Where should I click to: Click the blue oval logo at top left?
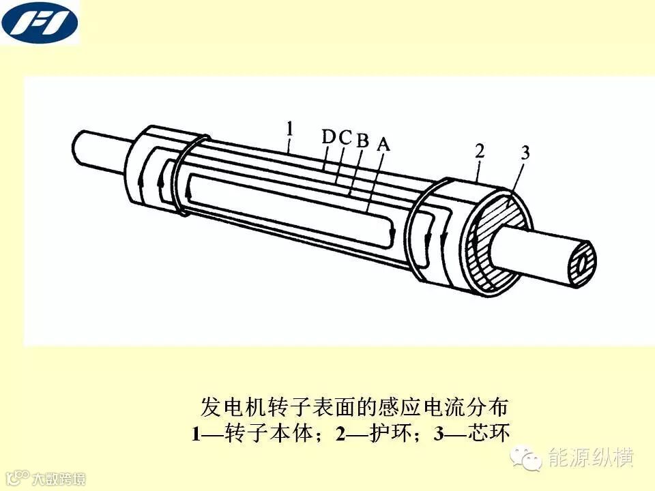40,23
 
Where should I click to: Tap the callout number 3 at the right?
525,153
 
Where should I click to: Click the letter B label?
362,140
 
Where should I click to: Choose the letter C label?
345,137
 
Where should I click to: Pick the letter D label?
329,136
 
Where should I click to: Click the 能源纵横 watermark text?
591,458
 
